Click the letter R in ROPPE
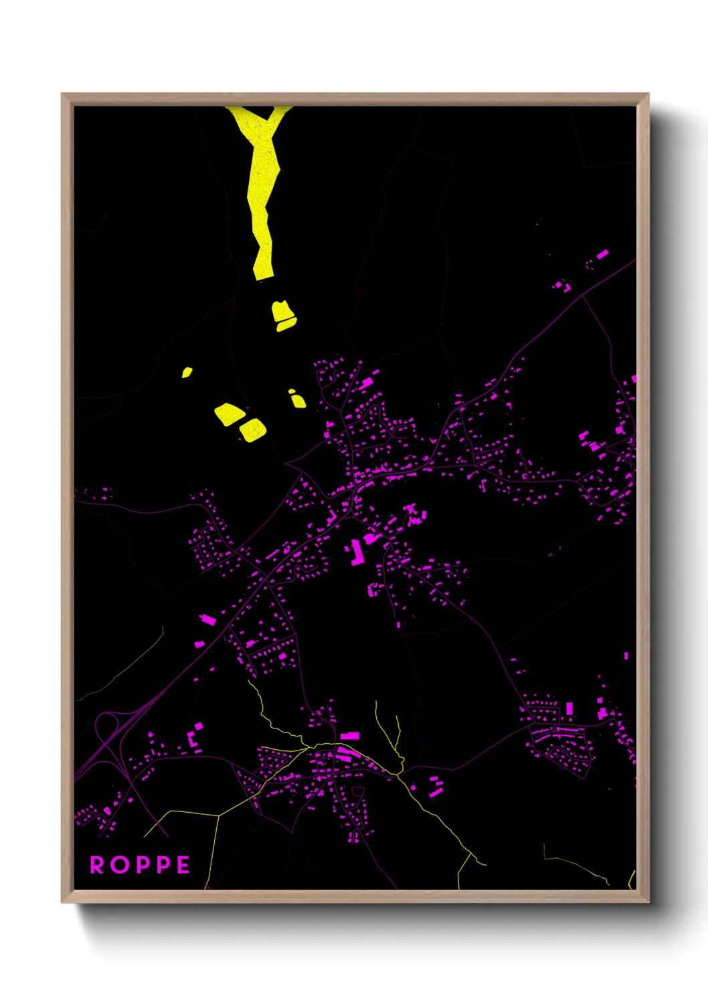click(97, 865)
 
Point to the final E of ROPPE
click(183, 865)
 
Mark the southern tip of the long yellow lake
click(262, 274)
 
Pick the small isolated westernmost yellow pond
click(187, 372)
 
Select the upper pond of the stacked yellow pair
click(282, 310)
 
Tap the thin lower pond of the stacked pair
click(286, 325)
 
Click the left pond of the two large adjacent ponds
click(228, 414)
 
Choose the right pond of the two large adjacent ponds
click(253, 429)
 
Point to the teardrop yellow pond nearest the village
click(296, 399)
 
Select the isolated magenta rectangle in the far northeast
click(602, 254)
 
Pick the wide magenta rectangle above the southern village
click(350, 736)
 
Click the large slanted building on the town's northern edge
click(366, 384)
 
